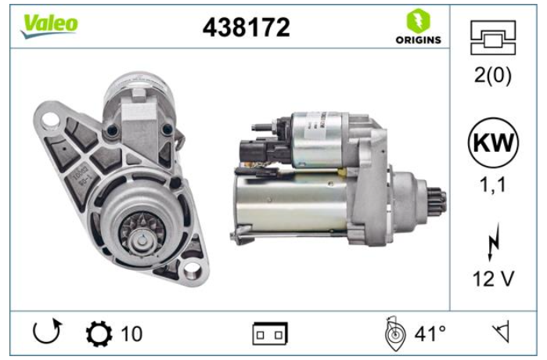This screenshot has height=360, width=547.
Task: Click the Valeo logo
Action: click(49, 26)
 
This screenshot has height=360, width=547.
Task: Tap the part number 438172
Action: click(247, 27)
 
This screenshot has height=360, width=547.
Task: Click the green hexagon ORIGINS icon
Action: click(419, 20)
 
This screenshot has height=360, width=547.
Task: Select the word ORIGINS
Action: click(419, 40)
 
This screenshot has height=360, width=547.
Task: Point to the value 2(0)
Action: click(492, 75)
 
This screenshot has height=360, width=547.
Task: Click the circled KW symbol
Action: click(493, 143)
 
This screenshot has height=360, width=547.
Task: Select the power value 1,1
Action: click(492, 185)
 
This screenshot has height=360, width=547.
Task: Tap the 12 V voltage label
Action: click(493, 279)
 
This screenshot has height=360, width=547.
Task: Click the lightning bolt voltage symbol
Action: click(493, 243)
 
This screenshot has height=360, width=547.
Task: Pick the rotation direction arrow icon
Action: click(46, 331)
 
